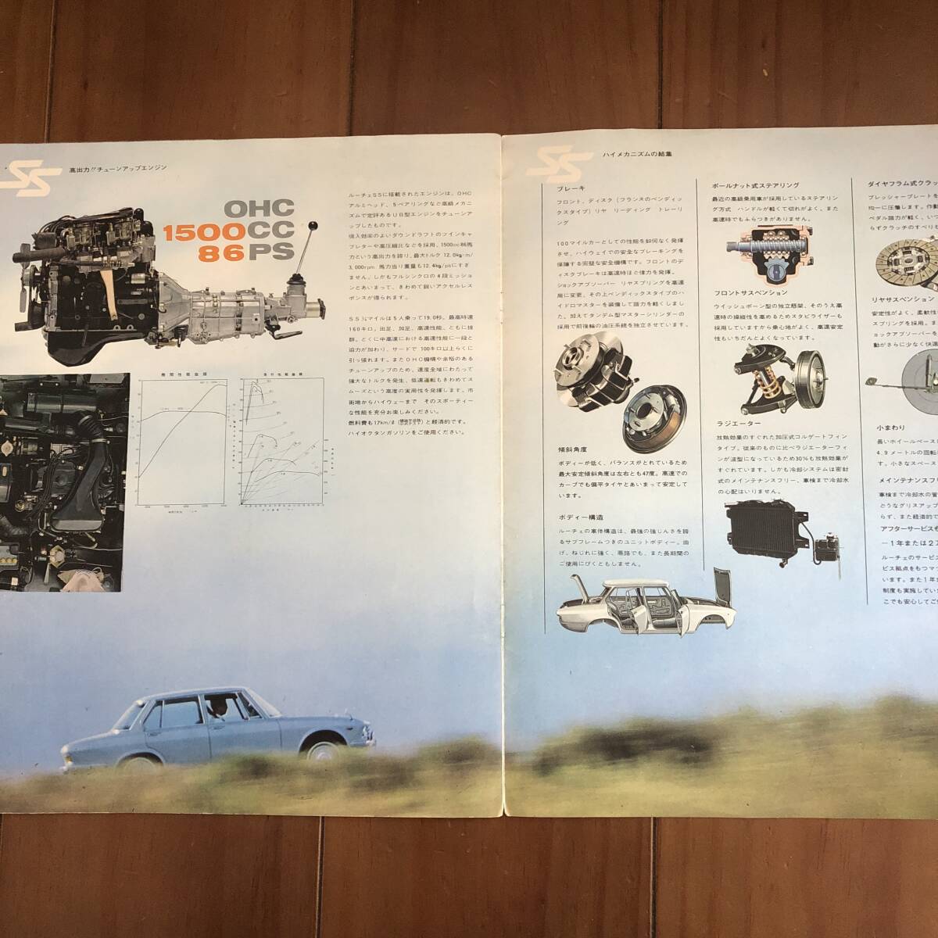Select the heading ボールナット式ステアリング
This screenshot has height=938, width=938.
[x=755, y=186]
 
